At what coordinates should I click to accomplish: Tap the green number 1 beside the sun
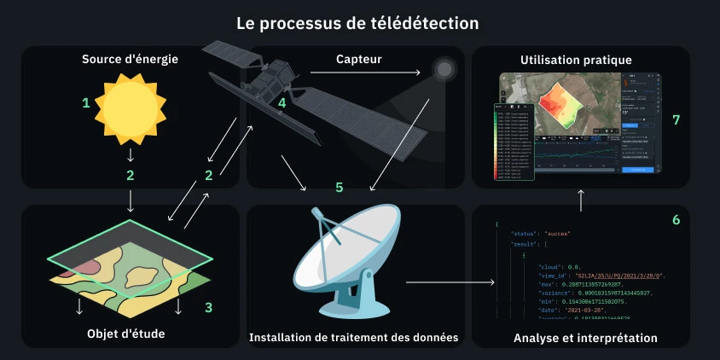coord(85,103)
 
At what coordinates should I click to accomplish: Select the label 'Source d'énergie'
coord(130,60)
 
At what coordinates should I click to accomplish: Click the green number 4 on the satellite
coord(282,103)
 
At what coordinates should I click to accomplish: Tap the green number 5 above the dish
coord(339,186)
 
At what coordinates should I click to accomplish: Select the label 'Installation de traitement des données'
coord(353,338)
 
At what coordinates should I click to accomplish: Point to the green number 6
coord(676,220)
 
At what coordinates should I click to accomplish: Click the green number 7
coord(676,120)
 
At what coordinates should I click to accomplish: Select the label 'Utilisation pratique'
coord(576,60)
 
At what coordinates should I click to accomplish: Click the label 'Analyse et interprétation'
coord(585,338)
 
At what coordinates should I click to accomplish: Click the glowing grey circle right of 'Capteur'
coord(444,68)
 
